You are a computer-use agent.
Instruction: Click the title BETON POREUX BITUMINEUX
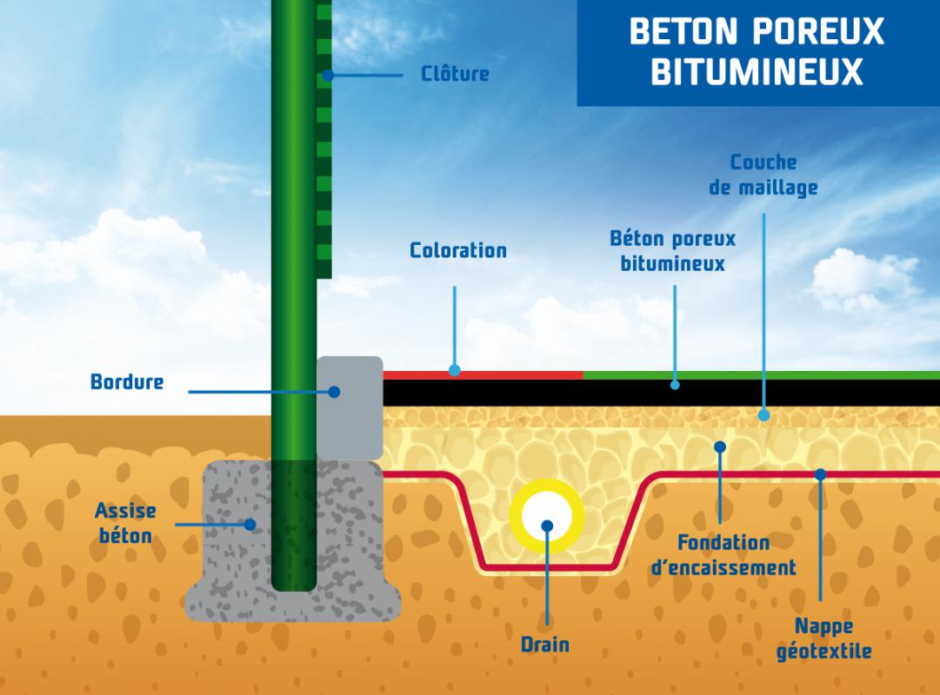point(757,51)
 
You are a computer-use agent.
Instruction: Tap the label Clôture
point(455,74)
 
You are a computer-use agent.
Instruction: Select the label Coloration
point(457,251)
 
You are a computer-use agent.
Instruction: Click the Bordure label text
point(127,381)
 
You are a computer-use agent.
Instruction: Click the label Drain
point(545,645)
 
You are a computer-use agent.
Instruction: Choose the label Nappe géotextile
point(823,638)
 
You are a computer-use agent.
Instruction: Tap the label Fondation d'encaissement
point(723,555)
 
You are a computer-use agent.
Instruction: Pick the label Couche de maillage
point(763,175)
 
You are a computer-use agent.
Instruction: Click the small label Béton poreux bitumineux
point(672,250)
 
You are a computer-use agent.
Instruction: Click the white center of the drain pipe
point(547,525)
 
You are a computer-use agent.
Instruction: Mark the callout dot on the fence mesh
point(328,76)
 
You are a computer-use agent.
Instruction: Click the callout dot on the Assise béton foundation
point(250,525)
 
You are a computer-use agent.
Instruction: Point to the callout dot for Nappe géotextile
point(820,474)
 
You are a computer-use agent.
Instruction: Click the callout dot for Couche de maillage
point(763,415)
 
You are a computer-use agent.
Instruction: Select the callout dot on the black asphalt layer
point(675,384)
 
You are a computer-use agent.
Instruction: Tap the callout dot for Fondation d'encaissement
point(720,447)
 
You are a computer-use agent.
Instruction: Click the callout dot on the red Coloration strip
point(454,370)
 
